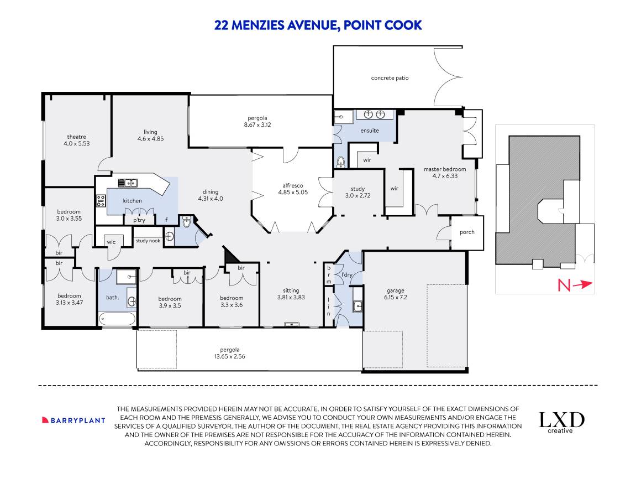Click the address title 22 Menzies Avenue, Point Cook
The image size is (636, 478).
click(x=318, y=25)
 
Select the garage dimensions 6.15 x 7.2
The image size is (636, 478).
click(x=395, y=298)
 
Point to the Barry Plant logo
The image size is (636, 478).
click(x=73, y=420)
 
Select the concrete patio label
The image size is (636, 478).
click(x=390, y=78)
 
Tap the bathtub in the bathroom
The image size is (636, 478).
click(x=117, y=319)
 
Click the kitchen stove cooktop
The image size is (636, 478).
click(x=101, y=201)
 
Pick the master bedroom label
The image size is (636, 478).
click(x=445, y=169)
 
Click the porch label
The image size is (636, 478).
click(x=467, y=232)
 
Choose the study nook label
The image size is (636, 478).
click(x=148, y=241)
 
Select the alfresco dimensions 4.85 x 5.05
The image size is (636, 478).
click(x=292, y=193)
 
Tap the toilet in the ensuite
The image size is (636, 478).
click(x=341, y=162)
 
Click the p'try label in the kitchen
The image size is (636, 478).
click(x=139, y=220)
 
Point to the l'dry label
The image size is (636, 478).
click(x=346, y=274)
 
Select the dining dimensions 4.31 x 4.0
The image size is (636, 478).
click(x=210, y=199)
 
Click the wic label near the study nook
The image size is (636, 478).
click(x=111, y=241)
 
